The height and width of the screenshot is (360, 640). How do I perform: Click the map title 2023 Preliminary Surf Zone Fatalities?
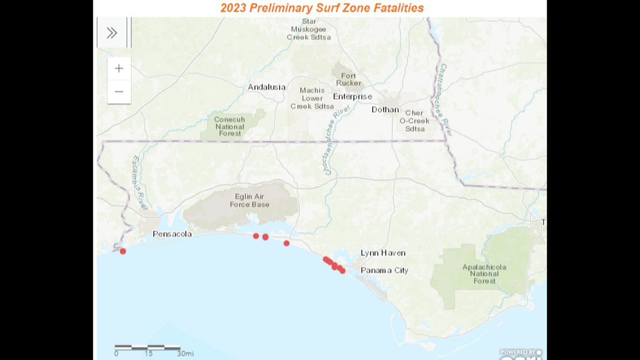tap(322, 8)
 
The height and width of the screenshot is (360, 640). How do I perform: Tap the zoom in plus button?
tap(119, 69)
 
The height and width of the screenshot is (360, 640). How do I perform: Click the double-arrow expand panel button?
tap(112, 33)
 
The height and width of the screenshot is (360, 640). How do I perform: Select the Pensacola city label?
tap(172, 234)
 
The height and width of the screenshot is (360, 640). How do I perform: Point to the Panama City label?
tap(384, 270)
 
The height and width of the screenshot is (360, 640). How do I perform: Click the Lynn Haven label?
tap(383, 253)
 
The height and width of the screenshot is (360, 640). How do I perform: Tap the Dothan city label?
tap(385, 110)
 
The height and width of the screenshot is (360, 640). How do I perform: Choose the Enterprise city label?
tap(353, 97)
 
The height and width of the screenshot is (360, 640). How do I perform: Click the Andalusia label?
tap(267, 87)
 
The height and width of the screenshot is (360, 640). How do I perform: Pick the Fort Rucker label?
tap(348, 79)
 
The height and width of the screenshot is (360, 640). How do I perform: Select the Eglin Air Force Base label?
tap(249, 200)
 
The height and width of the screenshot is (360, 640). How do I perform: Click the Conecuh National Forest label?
tap(230, 126)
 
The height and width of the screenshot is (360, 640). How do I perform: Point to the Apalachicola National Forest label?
tap(484, 274)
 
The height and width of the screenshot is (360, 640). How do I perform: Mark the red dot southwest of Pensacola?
tap(123, 251)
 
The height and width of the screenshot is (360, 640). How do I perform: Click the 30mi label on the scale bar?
tap(185, 354)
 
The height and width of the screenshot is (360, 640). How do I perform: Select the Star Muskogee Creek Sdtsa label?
tap(309, 29)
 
